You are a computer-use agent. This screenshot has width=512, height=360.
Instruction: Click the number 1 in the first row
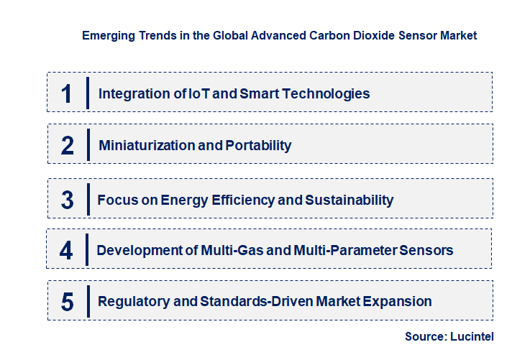(66, 93)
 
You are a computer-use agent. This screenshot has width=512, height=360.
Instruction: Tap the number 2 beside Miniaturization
(67, 146)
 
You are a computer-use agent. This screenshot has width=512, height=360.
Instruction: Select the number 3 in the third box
(67, 200)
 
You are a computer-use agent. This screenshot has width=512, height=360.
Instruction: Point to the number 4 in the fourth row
(66, 251)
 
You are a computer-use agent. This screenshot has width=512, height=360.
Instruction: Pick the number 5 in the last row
(67, 302)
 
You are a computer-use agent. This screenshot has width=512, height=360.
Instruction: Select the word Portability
(258, 146)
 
